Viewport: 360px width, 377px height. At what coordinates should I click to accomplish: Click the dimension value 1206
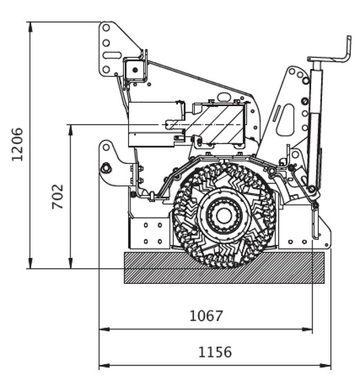17,144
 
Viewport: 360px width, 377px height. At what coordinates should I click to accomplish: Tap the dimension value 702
58,196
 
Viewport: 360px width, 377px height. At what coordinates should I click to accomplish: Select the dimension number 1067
206,316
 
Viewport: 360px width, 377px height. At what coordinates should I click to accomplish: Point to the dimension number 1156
215,352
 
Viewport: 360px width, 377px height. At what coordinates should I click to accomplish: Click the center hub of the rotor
224,216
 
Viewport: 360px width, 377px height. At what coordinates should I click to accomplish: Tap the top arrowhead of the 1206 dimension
30,27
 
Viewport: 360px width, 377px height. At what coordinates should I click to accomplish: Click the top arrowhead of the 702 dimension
70,130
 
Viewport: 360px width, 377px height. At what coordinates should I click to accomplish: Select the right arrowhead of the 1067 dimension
308,329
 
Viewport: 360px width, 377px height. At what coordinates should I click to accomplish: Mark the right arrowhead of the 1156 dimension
326,365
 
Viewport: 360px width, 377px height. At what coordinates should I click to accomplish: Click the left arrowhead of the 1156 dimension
104,365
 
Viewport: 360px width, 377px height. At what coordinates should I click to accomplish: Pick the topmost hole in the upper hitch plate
106,28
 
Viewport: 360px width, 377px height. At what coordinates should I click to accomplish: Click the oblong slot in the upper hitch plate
112,55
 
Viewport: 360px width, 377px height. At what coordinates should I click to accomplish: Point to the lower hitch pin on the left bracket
106,167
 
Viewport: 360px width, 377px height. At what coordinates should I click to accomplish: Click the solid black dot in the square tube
135,70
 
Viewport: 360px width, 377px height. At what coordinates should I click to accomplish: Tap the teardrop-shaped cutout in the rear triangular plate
286,120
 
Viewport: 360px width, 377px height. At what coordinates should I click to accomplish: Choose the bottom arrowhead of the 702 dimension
70,263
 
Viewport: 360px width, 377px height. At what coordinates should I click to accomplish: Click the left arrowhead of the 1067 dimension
104,329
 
